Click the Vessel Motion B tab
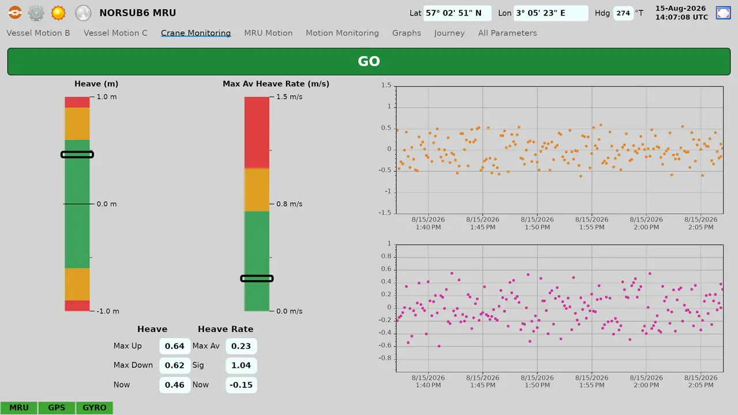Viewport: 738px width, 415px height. click(38, 33)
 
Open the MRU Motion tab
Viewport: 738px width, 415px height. click(268, 33)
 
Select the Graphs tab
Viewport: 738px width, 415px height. click(406, 33)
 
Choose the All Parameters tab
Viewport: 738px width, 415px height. click(507, 33)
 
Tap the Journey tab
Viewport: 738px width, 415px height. click(449, 33)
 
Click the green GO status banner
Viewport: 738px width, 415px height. click(369, 62)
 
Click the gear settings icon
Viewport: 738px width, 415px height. click(36, 13)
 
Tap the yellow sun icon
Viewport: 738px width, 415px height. click(58, 13)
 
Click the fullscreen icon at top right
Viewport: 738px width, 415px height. click(723, 13)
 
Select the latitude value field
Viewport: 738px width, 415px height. click(457, 13)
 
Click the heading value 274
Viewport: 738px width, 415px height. click(623, 13)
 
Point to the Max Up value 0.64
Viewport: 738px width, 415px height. click(175, 346)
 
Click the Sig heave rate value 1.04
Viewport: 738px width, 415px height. click(241, 365)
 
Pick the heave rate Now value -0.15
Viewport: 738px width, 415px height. click(241, 384)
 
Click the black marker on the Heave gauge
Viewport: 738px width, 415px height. click(77, 154)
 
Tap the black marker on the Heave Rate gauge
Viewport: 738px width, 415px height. click(257, 278)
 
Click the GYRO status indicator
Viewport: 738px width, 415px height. click(95, 408)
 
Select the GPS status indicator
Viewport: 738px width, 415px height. click(57, 408)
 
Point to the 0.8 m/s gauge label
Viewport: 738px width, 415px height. click(289, 204)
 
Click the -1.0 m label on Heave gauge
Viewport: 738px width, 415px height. click(108, 311)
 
